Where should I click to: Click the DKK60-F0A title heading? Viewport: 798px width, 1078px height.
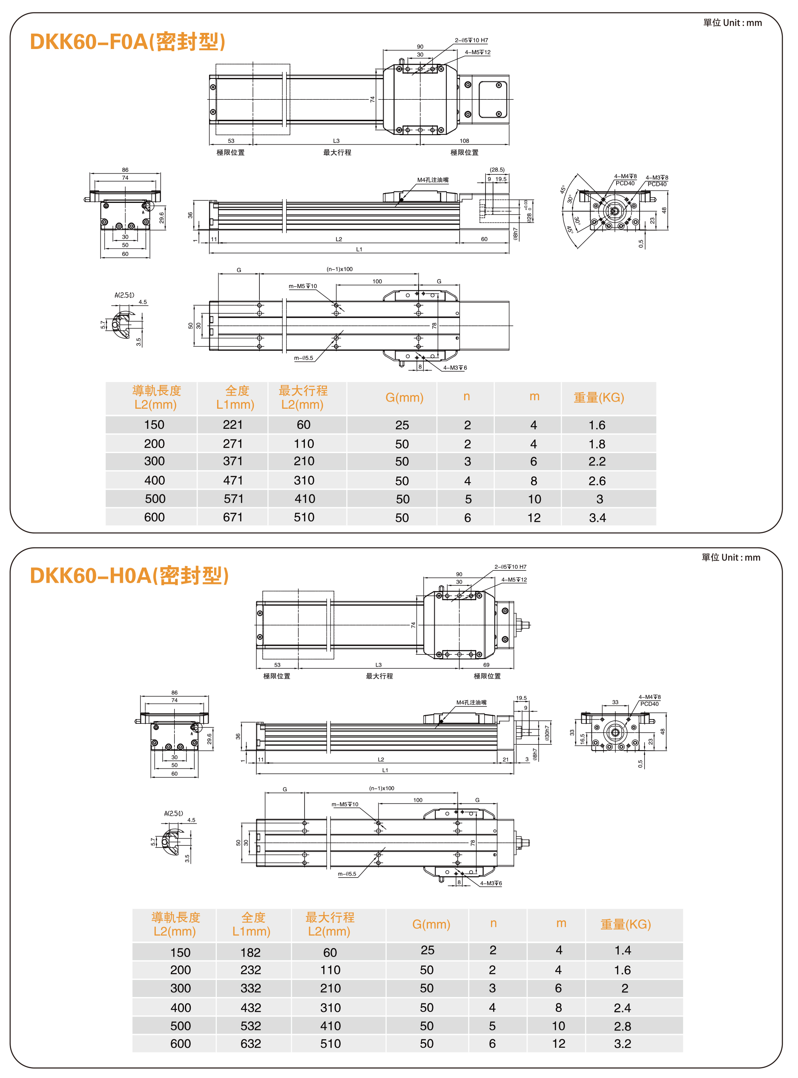[x=127, y=42]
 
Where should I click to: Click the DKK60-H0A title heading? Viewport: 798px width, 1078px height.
[x=129, y=575]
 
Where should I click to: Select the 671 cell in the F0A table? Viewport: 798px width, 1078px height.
[x=233, y=517]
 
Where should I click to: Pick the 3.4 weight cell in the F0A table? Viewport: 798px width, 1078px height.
[x=597, y=518]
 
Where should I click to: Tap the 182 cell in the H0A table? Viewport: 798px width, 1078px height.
[x=251, y=952]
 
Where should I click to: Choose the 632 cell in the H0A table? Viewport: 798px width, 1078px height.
[x=251, y=1043]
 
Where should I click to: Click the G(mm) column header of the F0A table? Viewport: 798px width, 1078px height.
[x=404, y=397]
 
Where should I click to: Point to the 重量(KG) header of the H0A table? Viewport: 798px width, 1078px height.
[x=626, y=924]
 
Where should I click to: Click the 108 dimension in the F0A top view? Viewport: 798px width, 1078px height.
[x=464, y=141]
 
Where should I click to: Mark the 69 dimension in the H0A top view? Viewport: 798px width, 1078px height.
[x=486, y=665]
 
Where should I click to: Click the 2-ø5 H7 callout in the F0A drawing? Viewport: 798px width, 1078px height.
[x=471, y=40]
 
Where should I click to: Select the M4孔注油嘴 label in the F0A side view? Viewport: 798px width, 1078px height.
[x=433, y=180]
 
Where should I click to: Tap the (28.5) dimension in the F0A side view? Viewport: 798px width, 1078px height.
[x=497, y=170]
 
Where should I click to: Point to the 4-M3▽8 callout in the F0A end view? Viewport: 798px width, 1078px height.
[x=657, y=178]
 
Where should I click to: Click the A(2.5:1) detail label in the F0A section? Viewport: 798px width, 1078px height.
[x=125, y=295]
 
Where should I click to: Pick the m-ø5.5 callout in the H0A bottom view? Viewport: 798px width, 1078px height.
[x=347, y=874]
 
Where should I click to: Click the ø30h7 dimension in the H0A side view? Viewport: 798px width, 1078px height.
[x=547, y=732]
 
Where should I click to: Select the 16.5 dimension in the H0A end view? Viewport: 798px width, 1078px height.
[x=583, y=739]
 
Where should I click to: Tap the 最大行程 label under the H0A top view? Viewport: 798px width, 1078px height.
[x=379, y=676]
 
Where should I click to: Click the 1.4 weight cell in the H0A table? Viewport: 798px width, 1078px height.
[x=623, y=951]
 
